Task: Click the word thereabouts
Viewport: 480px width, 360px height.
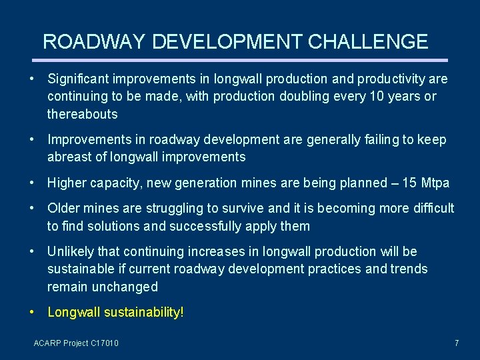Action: pos(82,114)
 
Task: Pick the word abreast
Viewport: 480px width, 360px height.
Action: pos(70,157)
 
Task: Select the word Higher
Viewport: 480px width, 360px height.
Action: pos(66,183)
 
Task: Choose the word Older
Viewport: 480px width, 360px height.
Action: pos(64,209)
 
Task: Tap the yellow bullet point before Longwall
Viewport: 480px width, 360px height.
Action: pos(33,312)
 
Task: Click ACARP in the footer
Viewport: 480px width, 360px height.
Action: pos(47,343)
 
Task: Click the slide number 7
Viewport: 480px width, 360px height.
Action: pos(456,343)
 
